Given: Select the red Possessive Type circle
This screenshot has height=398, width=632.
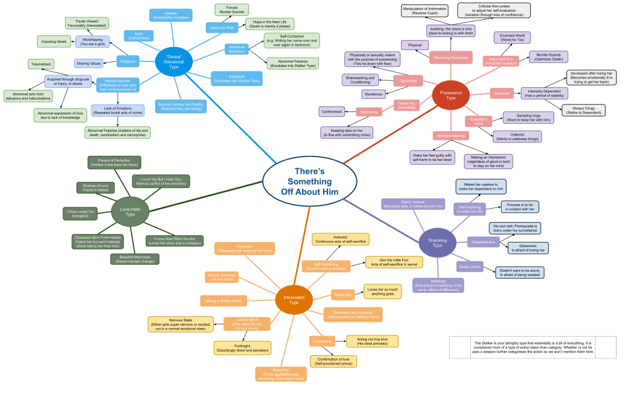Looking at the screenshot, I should (450, 94).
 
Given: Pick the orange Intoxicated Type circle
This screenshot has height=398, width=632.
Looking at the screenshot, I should (294, 299).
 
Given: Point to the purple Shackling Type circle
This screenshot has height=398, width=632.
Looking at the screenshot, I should (437, 241).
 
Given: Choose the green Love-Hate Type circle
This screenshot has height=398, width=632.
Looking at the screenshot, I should (130, 211).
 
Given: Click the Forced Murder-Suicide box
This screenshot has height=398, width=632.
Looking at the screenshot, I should (227, 10).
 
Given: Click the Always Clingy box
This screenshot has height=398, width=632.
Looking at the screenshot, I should (583, 110).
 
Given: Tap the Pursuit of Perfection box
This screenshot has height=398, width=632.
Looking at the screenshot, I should (114, 163).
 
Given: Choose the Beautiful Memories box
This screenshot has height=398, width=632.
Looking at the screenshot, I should (134, 259).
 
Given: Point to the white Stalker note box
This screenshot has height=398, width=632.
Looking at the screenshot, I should (533, 347).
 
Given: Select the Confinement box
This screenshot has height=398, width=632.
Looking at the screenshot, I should (332, 111).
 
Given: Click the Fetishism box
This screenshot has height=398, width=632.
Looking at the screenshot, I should (245, 249).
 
